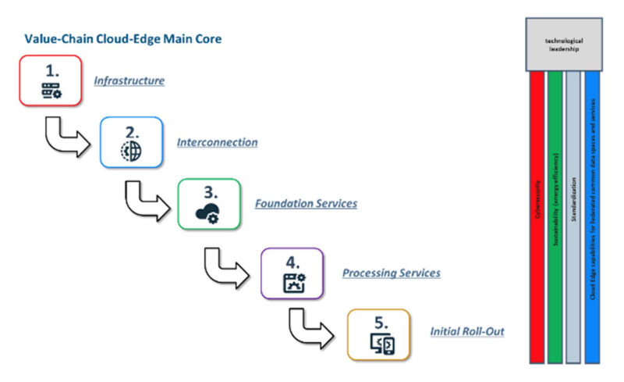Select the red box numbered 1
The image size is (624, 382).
51,80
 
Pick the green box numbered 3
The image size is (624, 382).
208,204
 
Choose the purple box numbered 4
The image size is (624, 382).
291,272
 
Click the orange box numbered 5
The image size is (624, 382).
378,334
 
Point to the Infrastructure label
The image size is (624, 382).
129,80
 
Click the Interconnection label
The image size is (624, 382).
217,143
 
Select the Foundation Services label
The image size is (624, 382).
306,204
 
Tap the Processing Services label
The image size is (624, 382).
392,273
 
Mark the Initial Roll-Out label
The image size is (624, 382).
467,331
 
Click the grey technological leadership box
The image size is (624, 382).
564,43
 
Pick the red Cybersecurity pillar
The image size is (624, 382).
537,218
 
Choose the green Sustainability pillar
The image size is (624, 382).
555,218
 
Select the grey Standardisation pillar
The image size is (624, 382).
573,218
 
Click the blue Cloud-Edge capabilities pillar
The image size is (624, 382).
592,218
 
